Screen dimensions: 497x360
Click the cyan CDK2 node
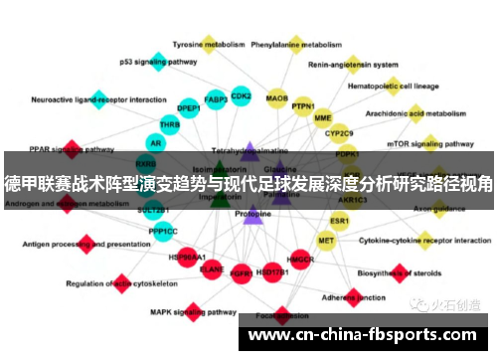tap(241, 96)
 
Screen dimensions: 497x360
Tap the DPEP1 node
tap(189, 108)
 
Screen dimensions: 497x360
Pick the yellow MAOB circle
tap(277, 98)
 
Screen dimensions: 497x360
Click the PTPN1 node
tap(303, 106)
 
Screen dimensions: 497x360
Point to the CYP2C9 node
tap(339, 133)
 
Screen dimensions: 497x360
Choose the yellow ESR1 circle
tap(340, 221)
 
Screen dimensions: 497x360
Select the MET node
tap(326, 240)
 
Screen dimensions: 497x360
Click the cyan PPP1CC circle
tap(163, 232)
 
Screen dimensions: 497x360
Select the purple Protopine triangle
tap(252, 213)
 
